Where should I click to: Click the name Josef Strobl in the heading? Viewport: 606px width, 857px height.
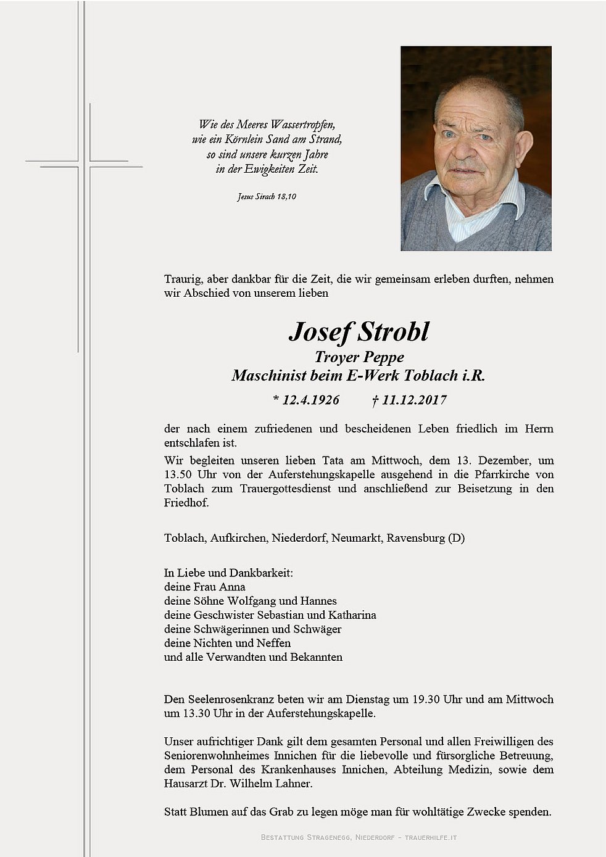click(x=359, y=332)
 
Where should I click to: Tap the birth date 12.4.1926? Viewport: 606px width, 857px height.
click(x=310, y=400)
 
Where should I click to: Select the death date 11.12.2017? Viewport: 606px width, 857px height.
click(x=413, y=400)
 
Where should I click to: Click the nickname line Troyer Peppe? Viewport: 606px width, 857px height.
click(x=359, y=357)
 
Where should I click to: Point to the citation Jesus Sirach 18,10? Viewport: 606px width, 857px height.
click(x=267, y=197)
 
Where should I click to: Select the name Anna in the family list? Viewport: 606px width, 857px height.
click(x=233, y=587)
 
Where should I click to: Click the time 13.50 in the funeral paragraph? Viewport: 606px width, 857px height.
click(x=178, y=474)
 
